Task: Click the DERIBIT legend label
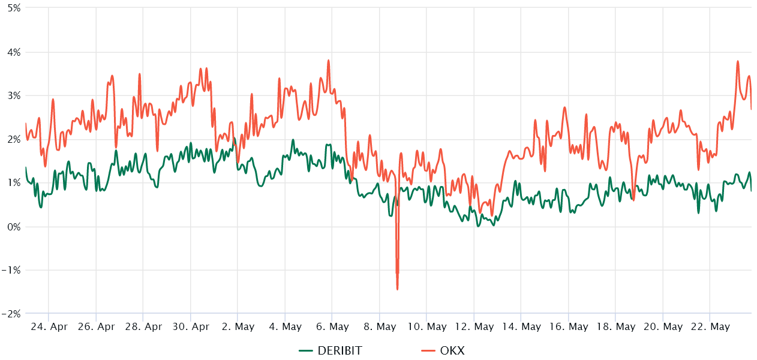pos(340,351)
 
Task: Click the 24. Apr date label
pos(49,327)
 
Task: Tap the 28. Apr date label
pos(143,327)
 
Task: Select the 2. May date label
pos(238,327)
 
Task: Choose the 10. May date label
pos(426,327)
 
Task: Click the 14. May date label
pos(521,327)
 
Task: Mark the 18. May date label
pos(615,327)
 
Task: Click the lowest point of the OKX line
pos(397,289)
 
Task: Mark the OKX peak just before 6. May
pos(329,60)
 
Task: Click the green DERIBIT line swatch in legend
pos(306,351)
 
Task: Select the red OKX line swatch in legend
pos(428,351)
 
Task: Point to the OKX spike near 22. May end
pos(737,61)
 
